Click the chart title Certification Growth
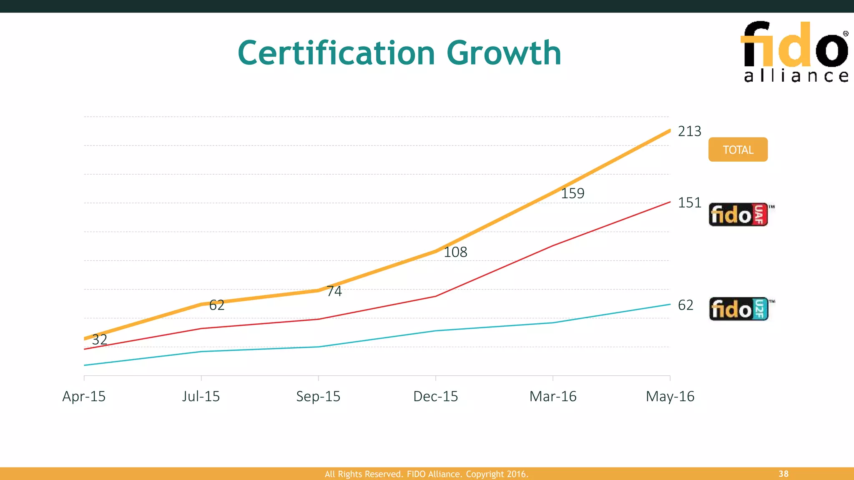click(399, 53)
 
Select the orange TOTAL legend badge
click(738, 150)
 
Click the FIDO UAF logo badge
click(738, 215)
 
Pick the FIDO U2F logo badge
click(739, 309)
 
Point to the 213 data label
click(689, 131)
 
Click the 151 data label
click(689, 203)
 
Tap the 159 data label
click(572, 193)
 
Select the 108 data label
click(455, 252)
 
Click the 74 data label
click(334, 291)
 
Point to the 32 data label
click(99, 340)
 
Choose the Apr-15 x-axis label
click(84, 396)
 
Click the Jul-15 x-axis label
click(201, 396)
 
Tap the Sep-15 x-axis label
click(318, 396)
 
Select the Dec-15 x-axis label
click(435, 396)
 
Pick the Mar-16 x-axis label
click(553, 396)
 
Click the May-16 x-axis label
click(670, 396)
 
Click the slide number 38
click(783, 474)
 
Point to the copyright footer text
click(427, 474)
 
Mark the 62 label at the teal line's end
click(686, 305)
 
